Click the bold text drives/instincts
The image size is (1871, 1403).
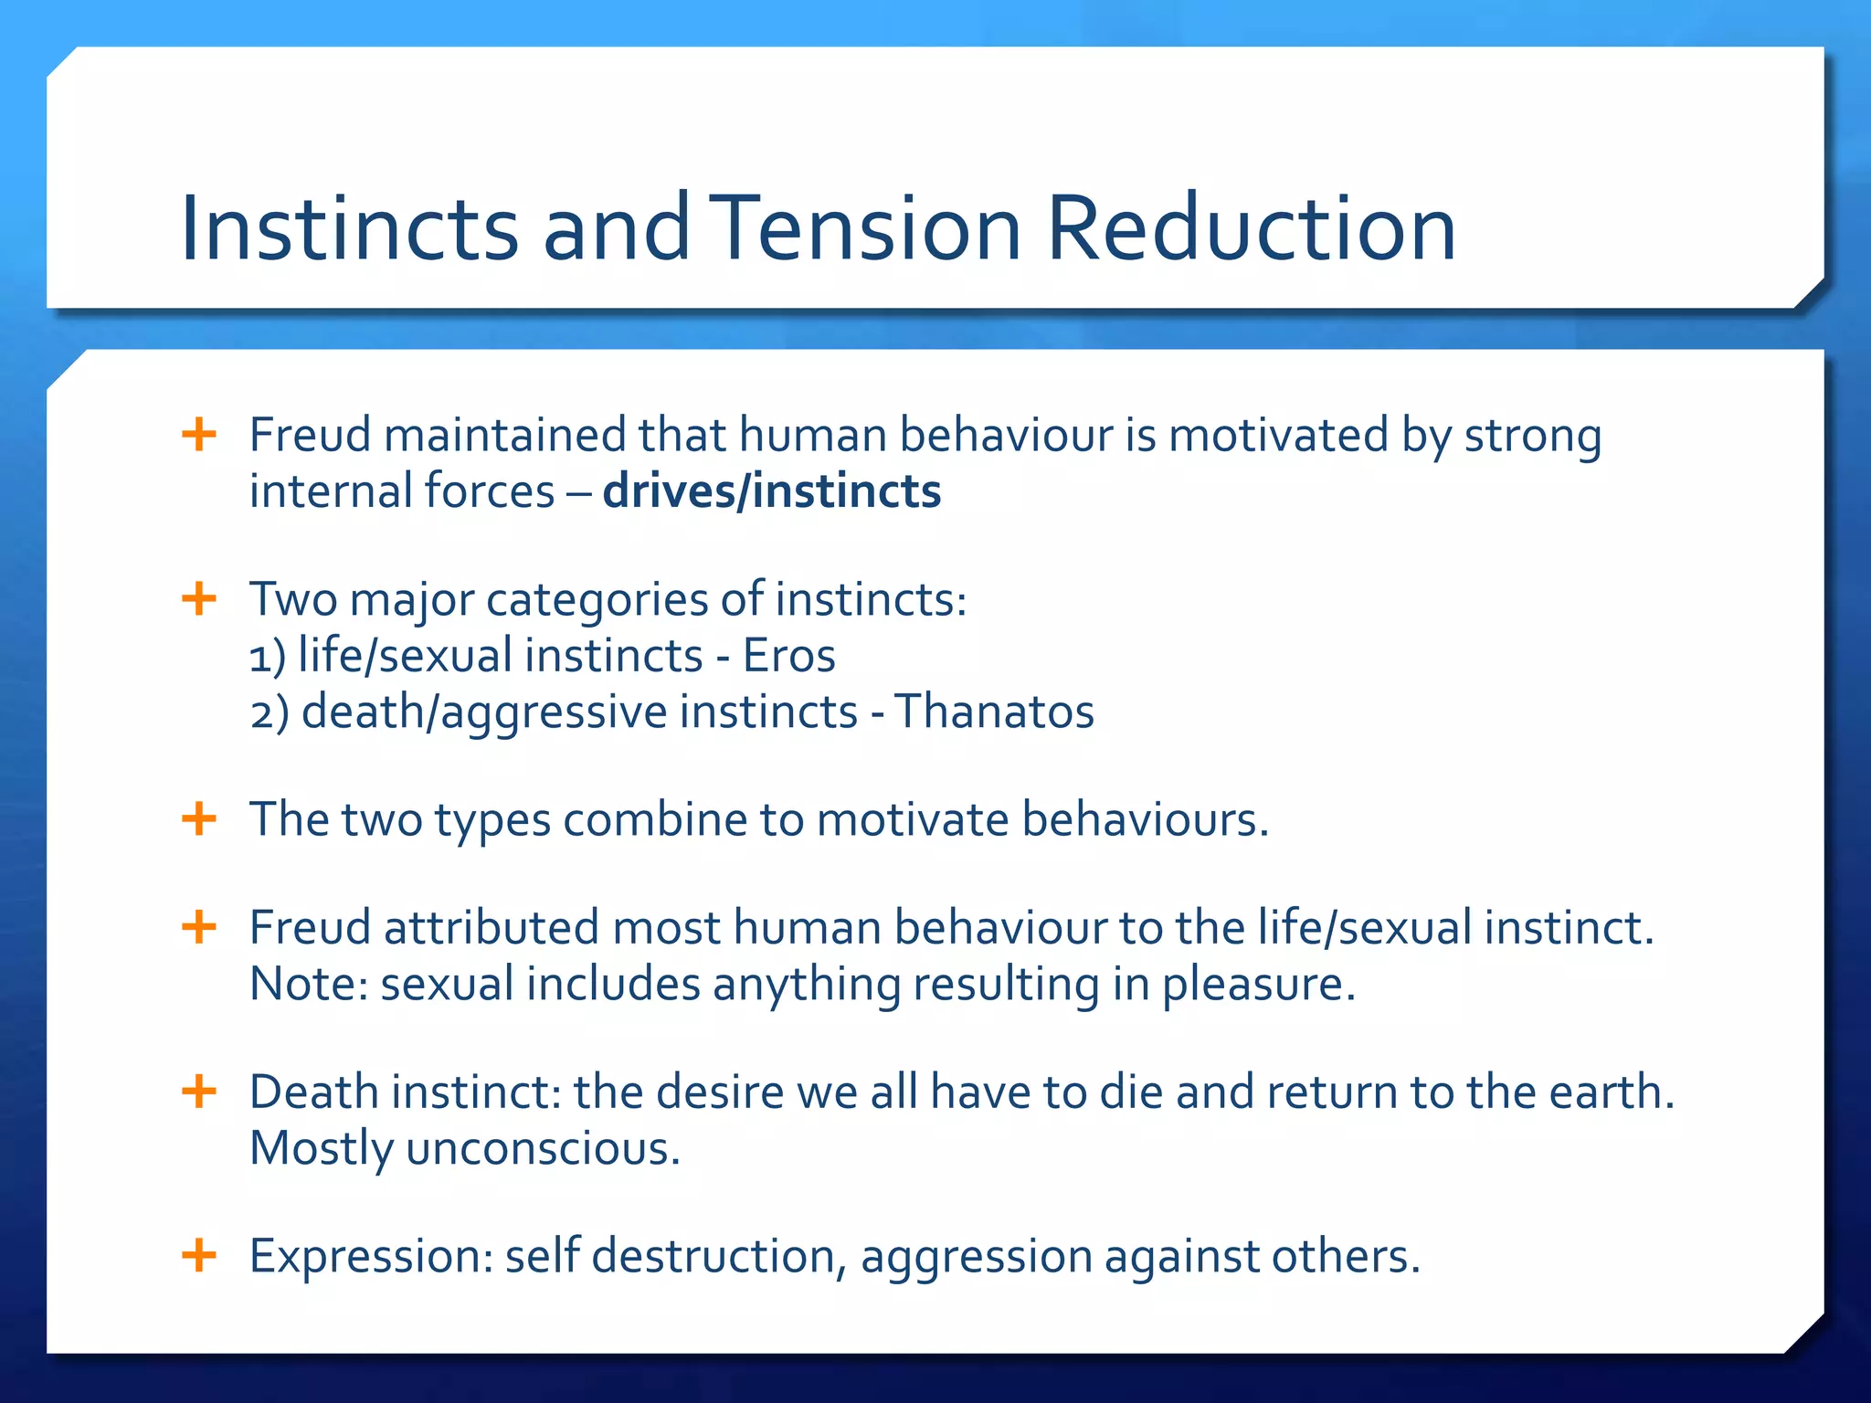772,491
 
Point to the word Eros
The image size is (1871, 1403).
789,656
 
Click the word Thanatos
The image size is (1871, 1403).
994,712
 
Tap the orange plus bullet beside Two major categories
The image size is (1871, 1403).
199,600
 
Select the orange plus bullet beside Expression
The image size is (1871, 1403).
199,1255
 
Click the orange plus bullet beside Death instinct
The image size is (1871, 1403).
199,1092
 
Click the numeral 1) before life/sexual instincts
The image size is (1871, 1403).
267,657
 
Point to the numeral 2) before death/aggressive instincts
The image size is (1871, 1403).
269,712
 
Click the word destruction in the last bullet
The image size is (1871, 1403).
713,1256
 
